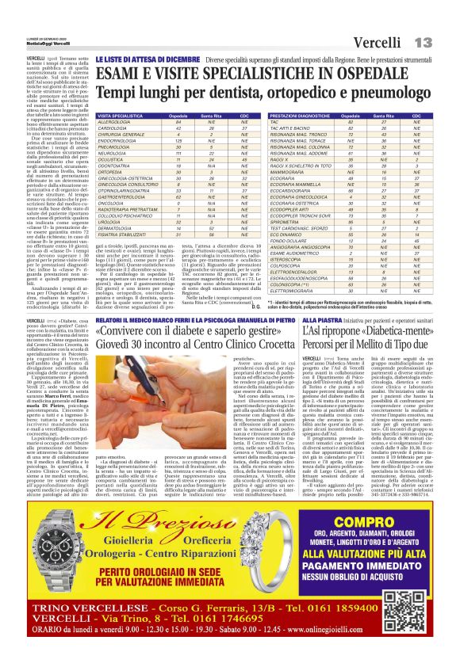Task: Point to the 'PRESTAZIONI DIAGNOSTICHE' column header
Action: pyautogui.click(x=301, y=116)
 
